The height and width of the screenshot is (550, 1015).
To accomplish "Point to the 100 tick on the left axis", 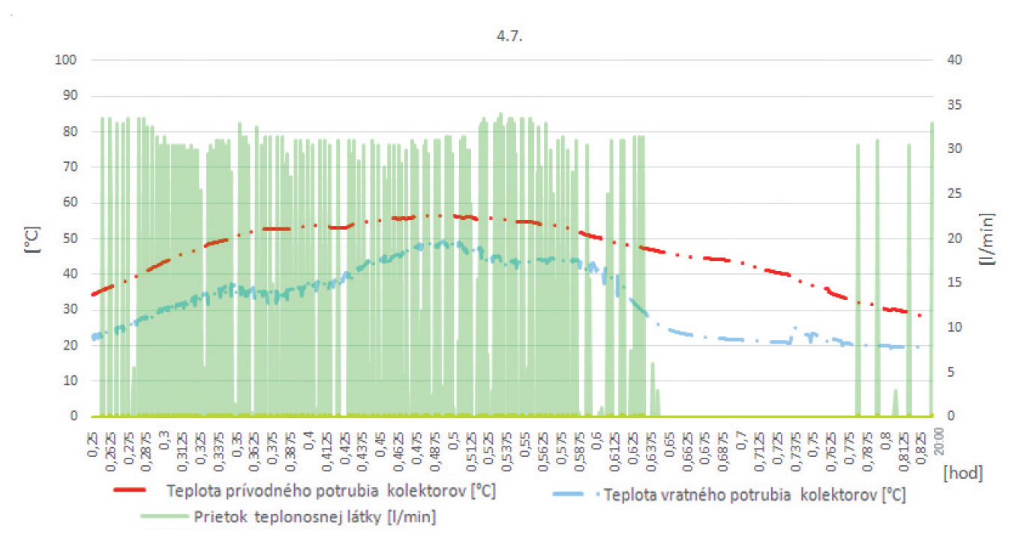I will tap(65, 59).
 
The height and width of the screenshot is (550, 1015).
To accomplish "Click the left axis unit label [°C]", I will tap(31, 238).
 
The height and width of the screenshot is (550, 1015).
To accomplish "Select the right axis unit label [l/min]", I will tap(989, 238).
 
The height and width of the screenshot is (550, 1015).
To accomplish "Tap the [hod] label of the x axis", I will tap(963, 473).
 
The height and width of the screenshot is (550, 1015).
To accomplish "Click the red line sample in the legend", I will tap(136, 490).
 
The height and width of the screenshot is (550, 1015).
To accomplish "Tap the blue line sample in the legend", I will tap(575, 495).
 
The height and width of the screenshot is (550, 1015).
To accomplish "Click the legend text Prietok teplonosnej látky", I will tap(315, 516).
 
